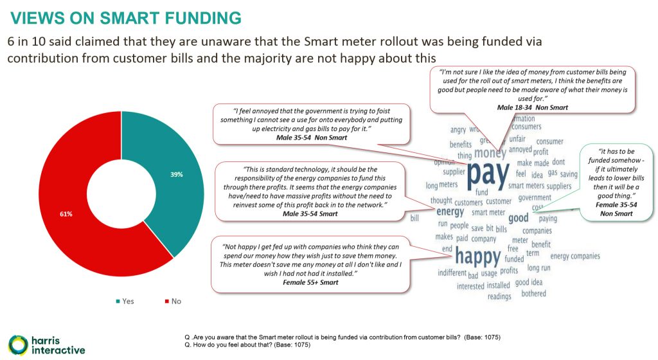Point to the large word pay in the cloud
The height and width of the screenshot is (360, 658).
pos(488,173)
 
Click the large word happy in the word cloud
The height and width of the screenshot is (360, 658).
pos(477,256)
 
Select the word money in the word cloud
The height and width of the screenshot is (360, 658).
pos(490,153)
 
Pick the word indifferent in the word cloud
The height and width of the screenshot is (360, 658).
pos(452,273)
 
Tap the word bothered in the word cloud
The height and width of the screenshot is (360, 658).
pos(533,293)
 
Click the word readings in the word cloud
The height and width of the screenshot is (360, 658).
pos(499,296)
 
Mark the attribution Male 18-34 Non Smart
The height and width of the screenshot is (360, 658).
pos(533,107)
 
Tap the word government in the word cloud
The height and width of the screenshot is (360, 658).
pos(535,197)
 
